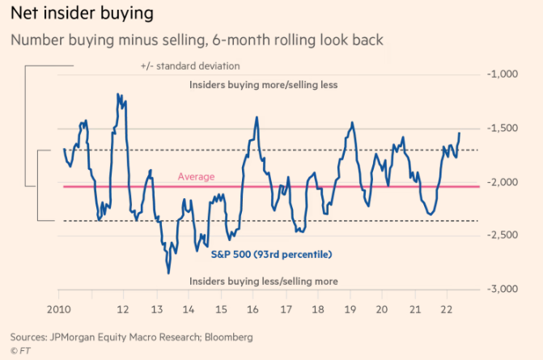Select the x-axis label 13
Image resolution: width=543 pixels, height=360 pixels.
pyautogui.click(x=155, y=310)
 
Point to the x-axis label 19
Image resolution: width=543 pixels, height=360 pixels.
pyautogui.click(x=350, y=310)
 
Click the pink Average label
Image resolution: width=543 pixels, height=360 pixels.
pyautogui.click(x=197, y=176)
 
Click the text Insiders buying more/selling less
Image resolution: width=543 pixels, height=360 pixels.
pyautogui.click(x=262, y=84)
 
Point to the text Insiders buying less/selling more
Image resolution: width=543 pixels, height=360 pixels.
pyautogui.click(x=262, y=281)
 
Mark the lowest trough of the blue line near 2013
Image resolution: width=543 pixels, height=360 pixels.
pyautogui.click(x=168, y=273)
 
